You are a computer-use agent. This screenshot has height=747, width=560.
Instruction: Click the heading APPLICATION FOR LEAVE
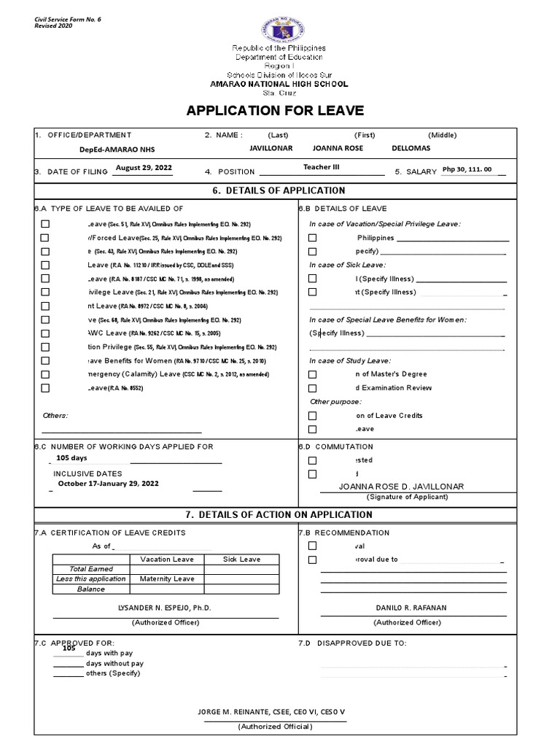pos(275,111)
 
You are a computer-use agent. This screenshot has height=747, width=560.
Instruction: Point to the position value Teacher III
pos(321,167)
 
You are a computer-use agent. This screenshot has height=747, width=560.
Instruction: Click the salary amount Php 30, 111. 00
pos(467,169)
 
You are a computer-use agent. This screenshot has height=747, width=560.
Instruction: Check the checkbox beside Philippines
pos(312,238)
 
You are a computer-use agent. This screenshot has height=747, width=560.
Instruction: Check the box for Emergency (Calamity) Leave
pos(45,374)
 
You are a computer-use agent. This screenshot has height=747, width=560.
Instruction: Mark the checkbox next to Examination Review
pos(312,388)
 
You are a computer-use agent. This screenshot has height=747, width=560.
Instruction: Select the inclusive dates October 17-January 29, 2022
pos(108,483)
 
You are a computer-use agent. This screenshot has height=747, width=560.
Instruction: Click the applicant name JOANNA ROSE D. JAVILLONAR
pos(401,487)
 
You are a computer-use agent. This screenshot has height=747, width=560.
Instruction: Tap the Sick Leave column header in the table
pos(241,560)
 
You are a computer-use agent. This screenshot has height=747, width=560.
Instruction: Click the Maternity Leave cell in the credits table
pos(167,578)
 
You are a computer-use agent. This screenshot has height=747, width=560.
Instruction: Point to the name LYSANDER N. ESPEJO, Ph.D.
pos(164,608)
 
